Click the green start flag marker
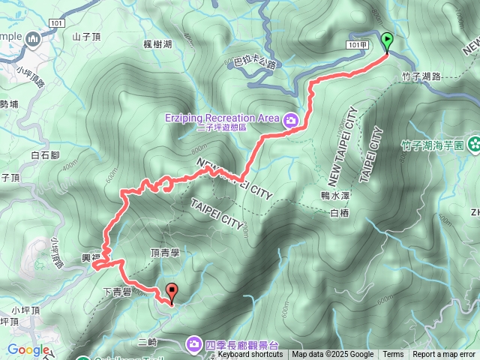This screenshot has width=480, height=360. [x=387, y=41]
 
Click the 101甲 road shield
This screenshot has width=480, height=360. [x=358, y=45]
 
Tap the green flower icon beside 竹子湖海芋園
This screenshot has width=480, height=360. [x=474, y=144]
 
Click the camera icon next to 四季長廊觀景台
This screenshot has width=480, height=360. [x=194, y=343]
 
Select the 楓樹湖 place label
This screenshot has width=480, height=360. [x=157, y=44]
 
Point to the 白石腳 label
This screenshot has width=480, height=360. [x=46, y=155]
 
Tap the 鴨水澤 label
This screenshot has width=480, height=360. [x=336, y=195]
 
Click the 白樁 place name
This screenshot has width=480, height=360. [x=340, y=213]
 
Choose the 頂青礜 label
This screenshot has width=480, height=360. [x=165, y=253]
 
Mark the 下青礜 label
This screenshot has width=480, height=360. [x=116, y=292]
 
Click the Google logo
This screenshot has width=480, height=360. [x=28, y=349]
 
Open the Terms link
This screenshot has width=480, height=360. [x=393, y=355]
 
